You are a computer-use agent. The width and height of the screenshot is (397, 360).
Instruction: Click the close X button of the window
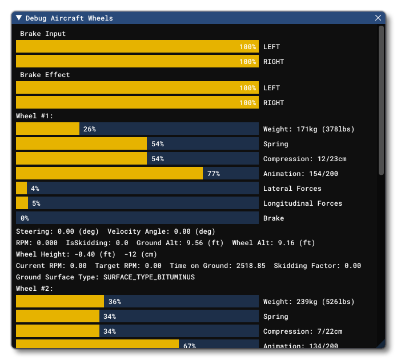pos(378,18)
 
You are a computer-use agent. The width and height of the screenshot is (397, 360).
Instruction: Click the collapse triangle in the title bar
pos(19,18)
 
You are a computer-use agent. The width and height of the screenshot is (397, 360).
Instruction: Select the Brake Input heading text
pos(43,34)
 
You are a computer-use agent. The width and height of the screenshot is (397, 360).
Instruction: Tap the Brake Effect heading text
pos(45,75)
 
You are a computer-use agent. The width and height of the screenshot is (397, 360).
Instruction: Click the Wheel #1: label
pos(34,116)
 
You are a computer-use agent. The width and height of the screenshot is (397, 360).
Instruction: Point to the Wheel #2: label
pos(34,289)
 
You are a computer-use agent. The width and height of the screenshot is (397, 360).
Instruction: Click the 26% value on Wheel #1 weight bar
pos(89,129)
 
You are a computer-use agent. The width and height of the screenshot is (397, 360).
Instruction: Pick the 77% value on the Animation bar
pos(214,174)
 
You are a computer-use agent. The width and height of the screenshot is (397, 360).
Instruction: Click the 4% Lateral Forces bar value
pos(35,189)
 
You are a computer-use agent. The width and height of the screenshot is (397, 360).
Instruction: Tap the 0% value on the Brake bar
pos(25,218)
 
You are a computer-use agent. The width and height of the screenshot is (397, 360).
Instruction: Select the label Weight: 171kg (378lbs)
pos(308,129)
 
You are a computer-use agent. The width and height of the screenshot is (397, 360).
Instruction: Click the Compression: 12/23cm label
pos(304,159)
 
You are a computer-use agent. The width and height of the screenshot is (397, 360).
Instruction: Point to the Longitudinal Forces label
pos(302,203)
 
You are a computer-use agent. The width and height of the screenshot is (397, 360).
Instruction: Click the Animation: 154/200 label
pos(300,174)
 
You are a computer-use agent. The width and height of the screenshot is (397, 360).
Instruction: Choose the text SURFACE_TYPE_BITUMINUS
pos(149,277)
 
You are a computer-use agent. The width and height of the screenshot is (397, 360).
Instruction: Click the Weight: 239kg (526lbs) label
pos(308,302)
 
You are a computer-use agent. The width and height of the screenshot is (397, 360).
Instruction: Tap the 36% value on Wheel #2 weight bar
pos(114,302)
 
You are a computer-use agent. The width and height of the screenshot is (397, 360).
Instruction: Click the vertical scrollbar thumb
pos(381,100)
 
